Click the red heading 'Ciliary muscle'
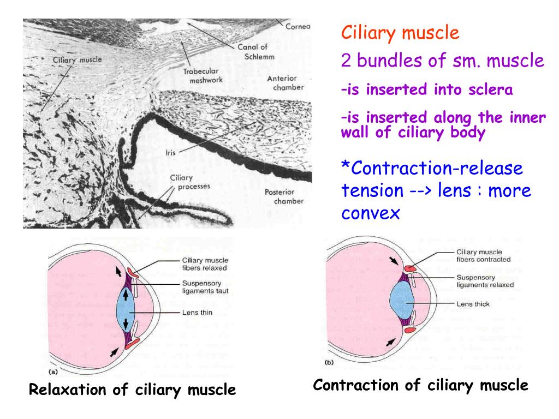click(400, 34)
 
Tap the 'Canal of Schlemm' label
click(256, 51)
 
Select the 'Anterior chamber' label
click(285, 83)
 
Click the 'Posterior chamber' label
click(279, 196)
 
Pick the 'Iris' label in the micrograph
click(169, 154)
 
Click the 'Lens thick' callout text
click(473, 303)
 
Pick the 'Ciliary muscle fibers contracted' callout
click(483, 255)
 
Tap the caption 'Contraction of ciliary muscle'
click(421, 385)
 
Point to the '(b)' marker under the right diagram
click(329, 362)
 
